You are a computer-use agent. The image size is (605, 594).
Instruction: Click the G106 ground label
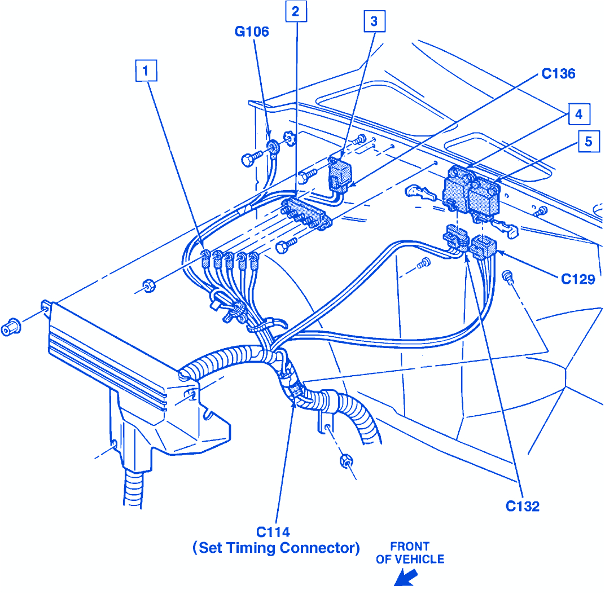tap(252, 32)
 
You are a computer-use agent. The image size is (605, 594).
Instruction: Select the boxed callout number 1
tap(146, 71)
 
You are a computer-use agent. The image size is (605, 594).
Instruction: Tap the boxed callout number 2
tap(296, 11)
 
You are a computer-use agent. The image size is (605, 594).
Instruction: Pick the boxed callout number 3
tap(374, 22)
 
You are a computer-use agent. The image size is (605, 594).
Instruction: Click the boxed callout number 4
tap(578, 115)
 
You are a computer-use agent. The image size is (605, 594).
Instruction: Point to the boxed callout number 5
tap(588, 142)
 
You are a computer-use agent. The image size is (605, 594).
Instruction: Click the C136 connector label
tap(558, 74)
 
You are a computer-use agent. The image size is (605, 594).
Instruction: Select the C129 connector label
tap(577, 279)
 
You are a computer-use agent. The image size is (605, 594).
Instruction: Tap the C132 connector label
tap(522, 506)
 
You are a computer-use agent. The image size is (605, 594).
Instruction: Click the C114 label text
tap(273, 532)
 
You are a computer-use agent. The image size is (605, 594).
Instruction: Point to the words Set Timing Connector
tap(276, 548)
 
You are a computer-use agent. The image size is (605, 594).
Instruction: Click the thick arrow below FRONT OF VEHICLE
tap(405, 578)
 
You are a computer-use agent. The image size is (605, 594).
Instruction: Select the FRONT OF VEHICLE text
tap(410, 553)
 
